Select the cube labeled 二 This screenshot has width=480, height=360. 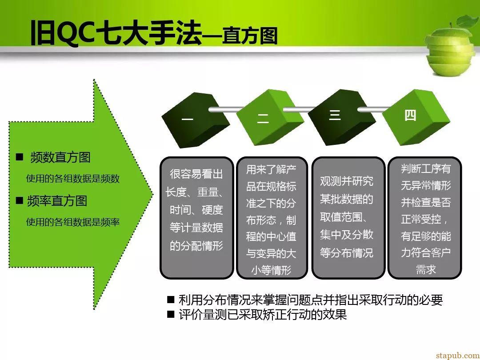pyautogui.click(x=270, y=117)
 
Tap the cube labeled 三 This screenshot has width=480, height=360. pyautogui.click(x=341, y=117)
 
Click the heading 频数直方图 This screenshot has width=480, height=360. pyautogui.click(x=60, y=157)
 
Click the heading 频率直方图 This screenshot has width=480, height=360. pyautogui.click(x=57, y=201)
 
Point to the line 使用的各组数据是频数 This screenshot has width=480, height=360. pyautogui.click(x=72, y=179)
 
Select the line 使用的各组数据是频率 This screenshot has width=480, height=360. pyautogui.click(x=72, y=222)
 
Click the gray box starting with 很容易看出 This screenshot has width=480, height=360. pyautogui.click(x=196, y=218)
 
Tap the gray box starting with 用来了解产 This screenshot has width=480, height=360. pyautogui.click(x=272, y=218)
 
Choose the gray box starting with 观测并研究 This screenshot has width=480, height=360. pyautogui.click(x=348, y=218)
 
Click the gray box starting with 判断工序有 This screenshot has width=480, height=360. pyautogui.click(x=425, y=218)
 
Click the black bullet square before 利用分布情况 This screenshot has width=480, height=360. pyautogui.click(x=171, y=300)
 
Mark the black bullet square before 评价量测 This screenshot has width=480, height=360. pyautogui.click(x=171, y=314)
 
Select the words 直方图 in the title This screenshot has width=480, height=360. pyautogui.click(x=250, y=36)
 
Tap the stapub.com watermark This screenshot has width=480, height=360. pyautogui.click(x=457, y=355)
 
